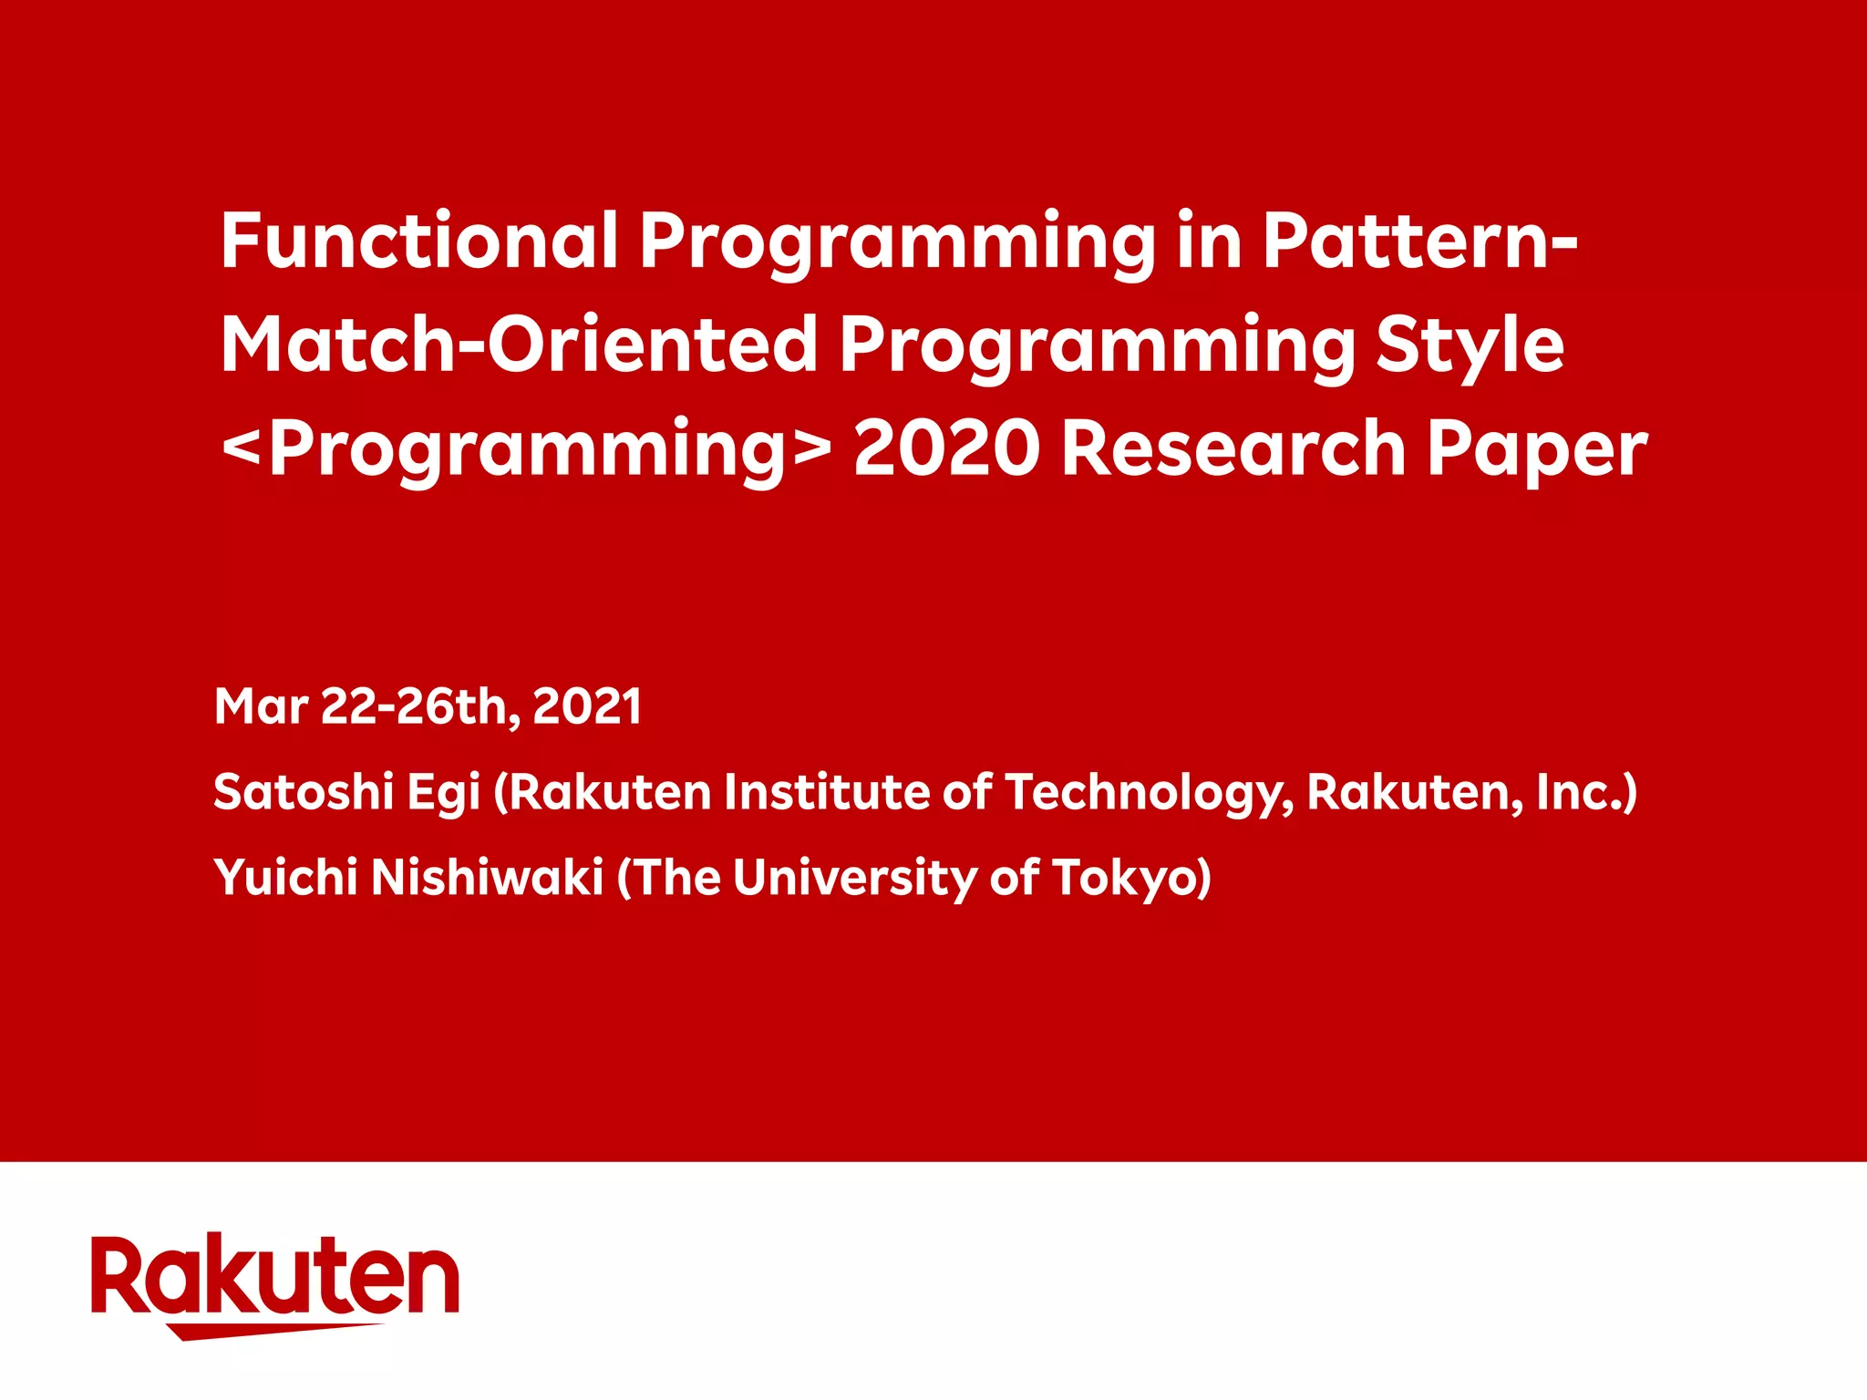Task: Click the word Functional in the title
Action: point(419,241)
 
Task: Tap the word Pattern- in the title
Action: point(1418,241)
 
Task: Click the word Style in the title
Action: point(1470,346)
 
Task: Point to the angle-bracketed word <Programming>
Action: point(527,448)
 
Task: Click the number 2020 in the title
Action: point(946,448)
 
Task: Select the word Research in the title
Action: point(1233,448)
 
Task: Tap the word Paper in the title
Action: point(1537,450)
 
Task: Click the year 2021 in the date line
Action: point(587,706)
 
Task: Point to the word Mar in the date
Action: point(261,706)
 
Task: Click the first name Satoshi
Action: point(303,791)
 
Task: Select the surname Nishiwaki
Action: point(487,877)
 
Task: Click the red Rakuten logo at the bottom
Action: point(274,1281)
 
